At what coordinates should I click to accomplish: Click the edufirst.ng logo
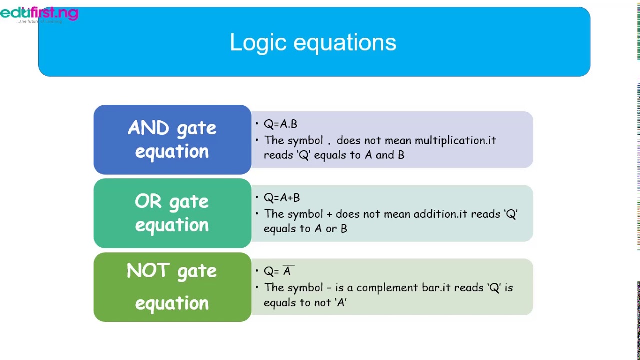click(x=39, y=13)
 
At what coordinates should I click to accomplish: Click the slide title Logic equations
click(x=313, y=42)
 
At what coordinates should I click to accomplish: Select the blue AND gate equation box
click(x=172, y=140)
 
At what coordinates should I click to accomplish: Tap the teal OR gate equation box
click(x=172, y=213)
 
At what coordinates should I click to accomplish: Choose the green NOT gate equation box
click(x=172, y=287)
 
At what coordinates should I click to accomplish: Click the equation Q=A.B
click(x=280, y=124)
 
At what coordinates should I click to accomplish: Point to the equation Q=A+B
click(x=282, y=198)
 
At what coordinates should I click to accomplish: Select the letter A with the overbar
click(x=287, y=271)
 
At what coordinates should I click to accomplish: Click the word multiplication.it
click(x=455, y=140)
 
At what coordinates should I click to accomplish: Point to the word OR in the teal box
click(x=148, y=202)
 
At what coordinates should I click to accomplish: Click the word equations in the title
click(x=345, y=42)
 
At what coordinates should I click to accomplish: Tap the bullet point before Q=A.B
click(x=257, y=124)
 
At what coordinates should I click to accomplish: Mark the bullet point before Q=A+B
click(x=257, y=198)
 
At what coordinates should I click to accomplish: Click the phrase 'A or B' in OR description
click(x=330, y=229)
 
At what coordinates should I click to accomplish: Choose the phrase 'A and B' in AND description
click(x=384, y=155)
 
